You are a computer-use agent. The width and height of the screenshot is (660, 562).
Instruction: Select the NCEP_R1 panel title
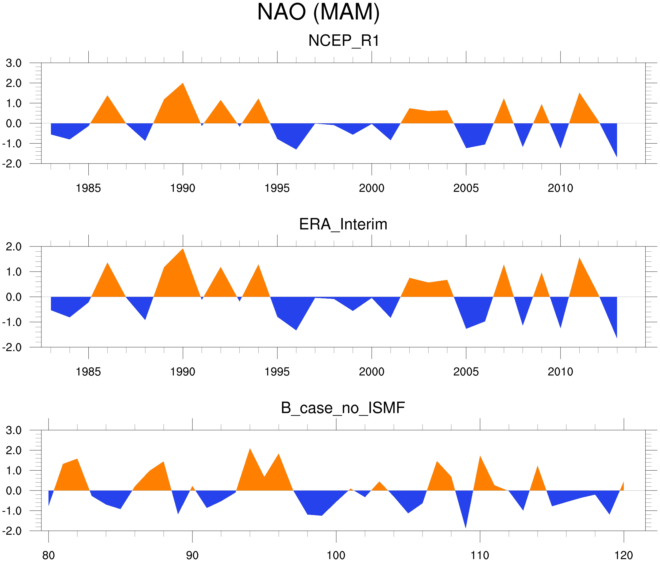click(344, 41)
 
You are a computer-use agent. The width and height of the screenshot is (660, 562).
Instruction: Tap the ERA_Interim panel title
click(343, 224)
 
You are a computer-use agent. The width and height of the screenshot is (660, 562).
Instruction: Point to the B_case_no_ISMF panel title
click(343, 408)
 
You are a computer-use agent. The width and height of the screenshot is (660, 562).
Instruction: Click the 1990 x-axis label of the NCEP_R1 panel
click(183, 188)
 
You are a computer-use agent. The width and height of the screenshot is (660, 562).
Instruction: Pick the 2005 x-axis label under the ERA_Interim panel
click(466, 372)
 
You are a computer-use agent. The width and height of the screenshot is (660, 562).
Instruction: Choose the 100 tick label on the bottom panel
click(336, 555)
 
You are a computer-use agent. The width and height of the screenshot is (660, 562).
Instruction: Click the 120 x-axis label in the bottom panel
click(623, 555)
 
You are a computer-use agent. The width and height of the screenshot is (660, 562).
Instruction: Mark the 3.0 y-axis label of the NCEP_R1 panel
click(14, 63)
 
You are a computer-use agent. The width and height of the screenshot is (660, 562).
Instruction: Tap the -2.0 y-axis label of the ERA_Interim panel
click(12, 347)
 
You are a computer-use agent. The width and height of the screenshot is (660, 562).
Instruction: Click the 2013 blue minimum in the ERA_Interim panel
click(616, 335)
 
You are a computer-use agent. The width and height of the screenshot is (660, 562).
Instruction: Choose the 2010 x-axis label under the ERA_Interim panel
click(560, 372)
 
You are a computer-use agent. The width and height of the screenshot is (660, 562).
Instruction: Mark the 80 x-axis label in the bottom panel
click(48, 555)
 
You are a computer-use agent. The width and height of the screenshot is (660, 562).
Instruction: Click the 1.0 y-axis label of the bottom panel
click(14, 471)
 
